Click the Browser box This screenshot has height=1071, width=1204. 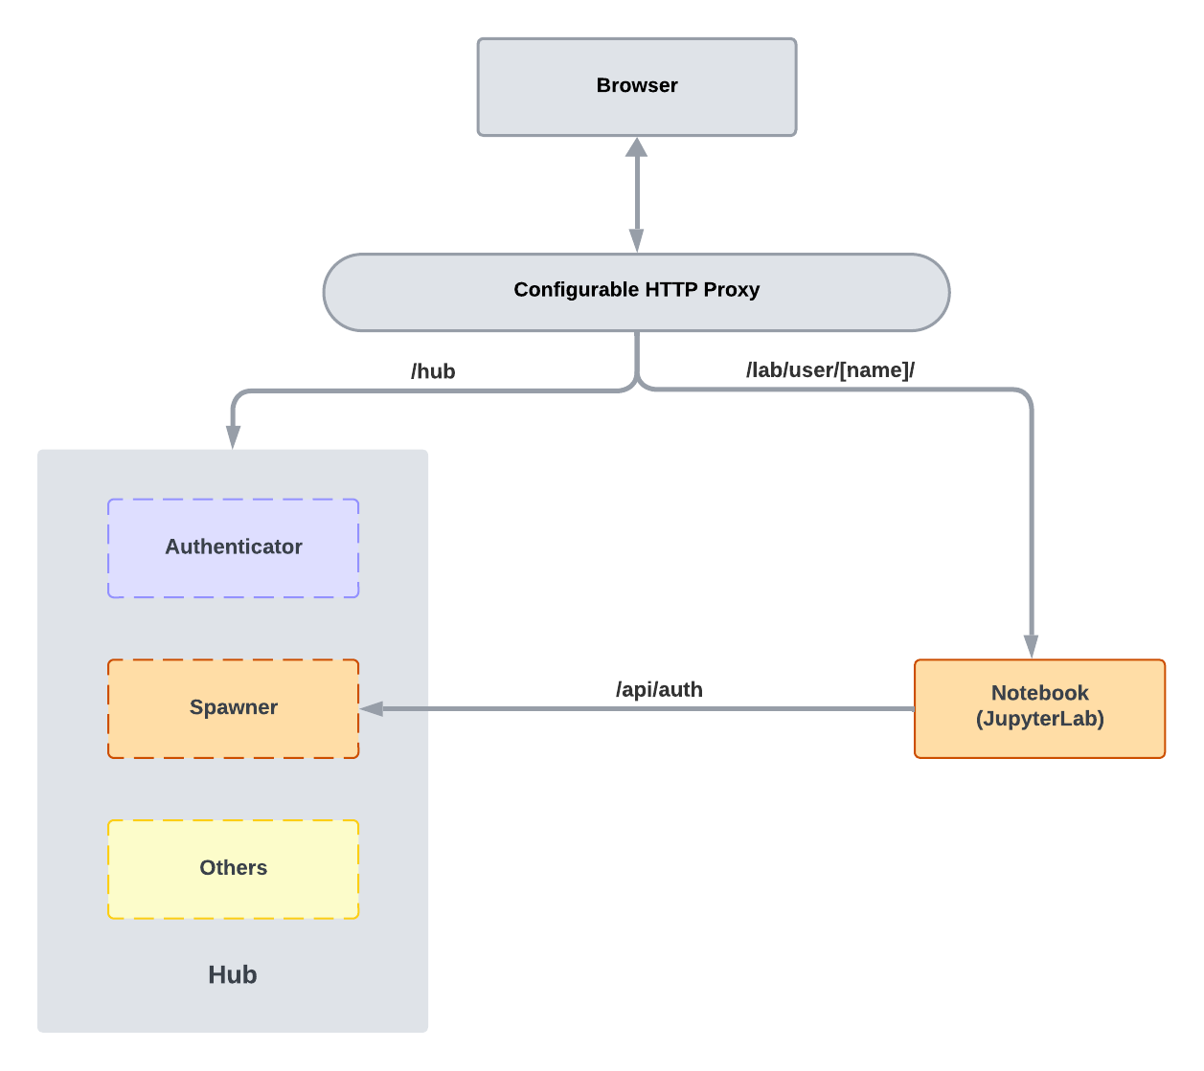point(637,87)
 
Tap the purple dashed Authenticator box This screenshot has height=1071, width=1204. point(233,547)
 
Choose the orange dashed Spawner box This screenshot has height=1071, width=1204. point(233,708)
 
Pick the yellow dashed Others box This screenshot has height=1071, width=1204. point(233,868)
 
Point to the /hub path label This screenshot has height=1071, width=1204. point(433,371)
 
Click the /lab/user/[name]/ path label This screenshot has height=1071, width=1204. point(829,370)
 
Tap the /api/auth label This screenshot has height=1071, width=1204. point(659,689)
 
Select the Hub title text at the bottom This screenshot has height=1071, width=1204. point(233,974)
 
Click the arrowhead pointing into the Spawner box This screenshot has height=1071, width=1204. point(372,709)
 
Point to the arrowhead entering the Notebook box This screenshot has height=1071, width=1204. point(1031,646)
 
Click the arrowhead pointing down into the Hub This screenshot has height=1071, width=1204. point(233,436)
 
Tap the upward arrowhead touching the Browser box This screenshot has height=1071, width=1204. point(637,147)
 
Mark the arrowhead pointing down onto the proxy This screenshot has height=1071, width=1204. point(637,241)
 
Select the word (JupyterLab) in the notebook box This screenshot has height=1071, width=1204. point(1039,719)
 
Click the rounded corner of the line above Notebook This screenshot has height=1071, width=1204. point(1025,395)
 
